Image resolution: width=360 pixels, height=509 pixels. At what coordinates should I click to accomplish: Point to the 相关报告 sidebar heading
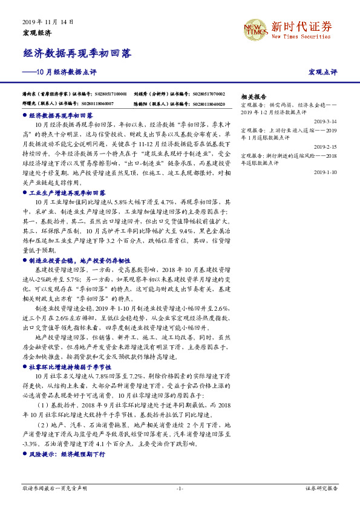click(254, 97)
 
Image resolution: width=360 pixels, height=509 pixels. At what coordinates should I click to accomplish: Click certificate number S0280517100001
click(111, 95)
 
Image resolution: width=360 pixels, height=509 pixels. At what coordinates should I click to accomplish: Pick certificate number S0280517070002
click(209, 95)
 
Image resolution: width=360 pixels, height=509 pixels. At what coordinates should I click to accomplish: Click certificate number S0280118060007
click(111, 103)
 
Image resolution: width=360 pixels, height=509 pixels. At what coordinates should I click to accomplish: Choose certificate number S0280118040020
click(209, 103)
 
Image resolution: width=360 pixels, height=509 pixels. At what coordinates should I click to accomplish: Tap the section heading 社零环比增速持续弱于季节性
click(70, 366)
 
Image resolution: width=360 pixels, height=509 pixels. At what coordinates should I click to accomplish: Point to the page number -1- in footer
click(180, 488)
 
